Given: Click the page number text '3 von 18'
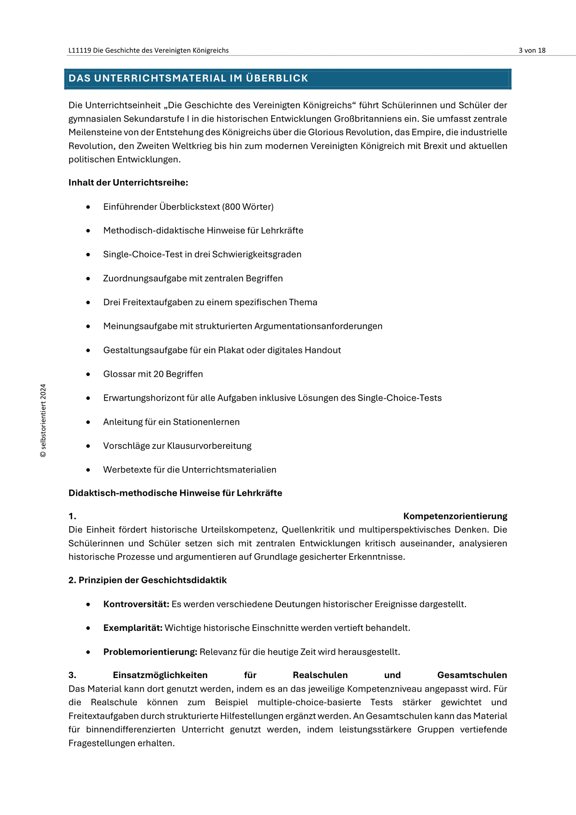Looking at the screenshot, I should pos(532,50).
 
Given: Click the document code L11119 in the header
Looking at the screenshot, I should pos(80,50).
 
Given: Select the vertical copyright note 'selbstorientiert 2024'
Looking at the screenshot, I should pos(43,420).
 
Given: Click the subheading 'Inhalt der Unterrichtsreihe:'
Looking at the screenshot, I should pos(128,183).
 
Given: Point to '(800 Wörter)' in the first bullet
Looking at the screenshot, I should pos(248,207).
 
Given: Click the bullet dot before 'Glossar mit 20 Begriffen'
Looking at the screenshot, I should pos(88,374).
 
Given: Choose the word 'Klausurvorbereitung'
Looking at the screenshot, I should pos(209,446).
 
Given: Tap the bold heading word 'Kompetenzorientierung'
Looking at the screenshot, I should pos(455,516).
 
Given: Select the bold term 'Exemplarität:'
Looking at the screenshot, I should pos(133,628).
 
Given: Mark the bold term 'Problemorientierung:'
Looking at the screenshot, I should pos(150,652).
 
